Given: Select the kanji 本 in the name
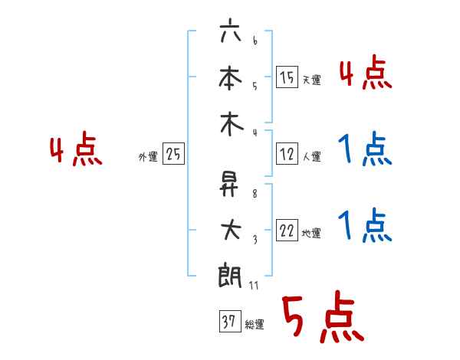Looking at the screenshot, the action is pyautogui.click(x=230, y=79).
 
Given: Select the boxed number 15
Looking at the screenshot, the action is pyautogui.click(x=287, y=77).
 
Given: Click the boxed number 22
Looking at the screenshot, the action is pyautogui.click(x=287, y=231).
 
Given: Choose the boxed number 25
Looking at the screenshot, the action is pyautogui.click(x=173, y=154).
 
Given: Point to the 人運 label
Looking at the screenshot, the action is pyautogui.click(x=311, y=156).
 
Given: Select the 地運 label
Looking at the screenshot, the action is pyautogui.click(x=311, y=233).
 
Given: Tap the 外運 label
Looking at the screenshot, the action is pyautogui.click(x=148, y=156).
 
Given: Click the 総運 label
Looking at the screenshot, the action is pyautogui.click(x=255, y=325).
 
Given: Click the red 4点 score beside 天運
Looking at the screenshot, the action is pyautogui.click(x=365, y=74).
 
